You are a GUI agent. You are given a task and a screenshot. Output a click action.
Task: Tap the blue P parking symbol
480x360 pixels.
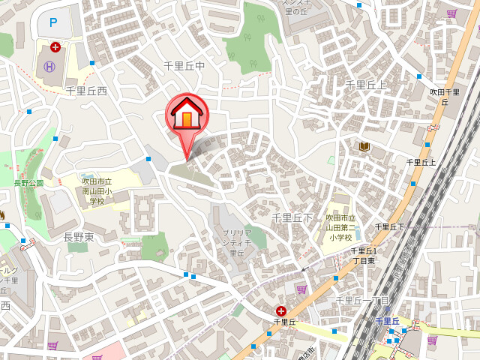point(52,22)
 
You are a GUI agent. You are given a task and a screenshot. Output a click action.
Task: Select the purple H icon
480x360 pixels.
point(49,66)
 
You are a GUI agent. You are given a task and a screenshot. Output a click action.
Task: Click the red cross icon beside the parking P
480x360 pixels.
point(55,47)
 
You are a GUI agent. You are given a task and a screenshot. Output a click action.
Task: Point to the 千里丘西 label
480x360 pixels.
point(86,91)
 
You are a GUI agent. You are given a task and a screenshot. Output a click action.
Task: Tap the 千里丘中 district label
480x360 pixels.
point(184,66)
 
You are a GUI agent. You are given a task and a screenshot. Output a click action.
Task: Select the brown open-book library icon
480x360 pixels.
point(364,146)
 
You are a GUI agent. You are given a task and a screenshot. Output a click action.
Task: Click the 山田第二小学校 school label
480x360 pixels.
point(339,227)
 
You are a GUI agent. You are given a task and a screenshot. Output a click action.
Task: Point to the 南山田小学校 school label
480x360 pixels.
point(97,190)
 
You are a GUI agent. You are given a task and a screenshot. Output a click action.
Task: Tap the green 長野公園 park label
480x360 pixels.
point(28,182)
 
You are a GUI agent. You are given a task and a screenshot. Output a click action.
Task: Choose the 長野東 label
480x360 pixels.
point(78,237)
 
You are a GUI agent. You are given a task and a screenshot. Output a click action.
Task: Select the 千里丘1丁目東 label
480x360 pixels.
point(365,255)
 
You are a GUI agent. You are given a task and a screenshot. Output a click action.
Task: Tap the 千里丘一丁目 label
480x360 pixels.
point(362,300)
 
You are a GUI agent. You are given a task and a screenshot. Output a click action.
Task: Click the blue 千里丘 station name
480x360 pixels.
point(388,321)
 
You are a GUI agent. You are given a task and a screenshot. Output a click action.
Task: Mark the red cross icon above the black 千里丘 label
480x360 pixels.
point(281,310)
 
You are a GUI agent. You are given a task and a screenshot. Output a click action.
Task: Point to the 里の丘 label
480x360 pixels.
point(295,10)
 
